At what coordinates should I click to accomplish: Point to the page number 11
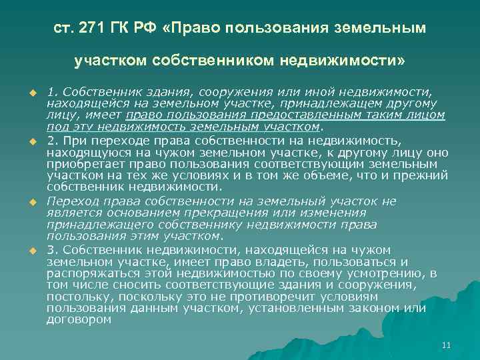[447, 345]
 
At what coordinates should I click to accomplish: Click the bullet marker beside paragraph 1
[31, 91]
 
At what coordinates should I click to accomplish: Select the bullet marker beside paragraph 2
[31, 142]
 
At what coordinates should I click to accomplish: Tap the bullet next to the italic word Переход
[31, 201]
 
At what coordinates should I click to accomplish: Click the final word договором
[79, 320]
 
